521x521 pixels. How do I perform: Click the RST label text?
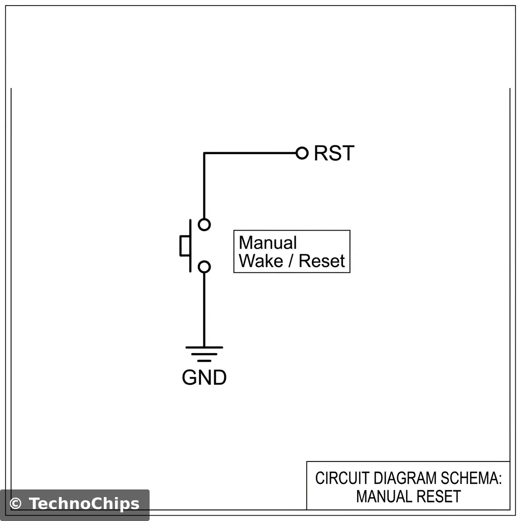tap(334, 153)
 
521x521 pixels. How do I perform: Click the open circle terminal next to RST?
tap(302, 153)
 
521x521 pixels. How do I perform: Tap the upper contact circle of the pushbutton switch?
tap(204, 224)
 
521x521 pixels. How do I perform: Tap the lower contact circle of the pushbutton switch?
tap(204, 266)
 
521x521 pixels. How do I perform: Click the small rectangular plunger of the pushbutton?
tap(184, 245)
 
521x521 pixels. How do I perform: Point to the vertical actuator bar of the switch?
tap(191, 245)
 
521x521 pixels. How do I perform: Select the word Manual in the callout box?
tap(268, 243)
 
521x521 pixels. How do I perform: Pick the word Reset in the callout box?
tap(322, 261)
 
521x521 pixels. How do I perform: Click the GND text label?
tap(204, 378)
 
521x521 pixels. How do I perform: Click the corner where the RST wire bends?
tap(205, 153)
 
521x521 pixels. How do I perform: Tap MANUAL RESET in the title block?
tap(408, 496)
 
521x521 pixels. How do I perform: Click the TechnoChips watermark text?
tap(84, 504)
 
